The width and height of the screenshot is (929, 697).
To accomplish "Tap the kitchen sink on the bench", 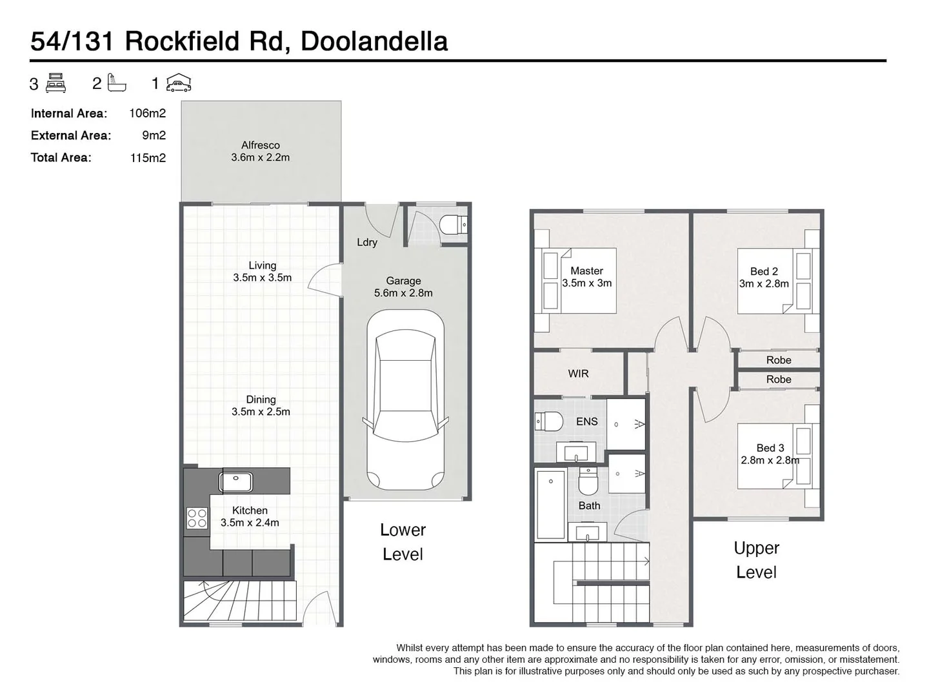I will pos(235,481).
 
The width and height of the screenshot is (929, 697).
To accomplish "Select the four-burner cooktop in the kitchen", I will pos(197,518).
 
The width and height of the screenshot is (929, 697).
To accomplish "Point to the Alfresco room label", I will pos(261,146).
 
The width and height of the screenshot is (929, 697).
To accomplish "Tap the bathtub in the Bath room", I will pos(550,503).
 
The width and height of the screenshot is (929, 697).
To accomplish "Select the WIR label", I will pos(578,374).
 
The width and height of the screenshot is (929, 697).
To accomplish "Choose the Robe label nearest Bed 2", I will pos(778,360).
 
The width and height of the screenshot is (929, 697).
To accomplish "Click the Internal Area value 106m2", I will pos(147,114).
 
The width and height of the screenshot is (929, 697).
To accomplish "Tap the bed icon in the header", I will pos(56,83).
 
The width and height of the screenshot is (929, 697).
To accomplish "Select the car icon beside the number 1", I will pos(179,83).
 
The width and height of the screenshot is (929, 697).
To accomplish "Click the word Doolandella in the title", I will pos(374,41).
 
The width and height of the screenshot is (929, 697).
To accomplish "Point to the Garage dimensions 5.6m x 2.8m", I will pos(403,293).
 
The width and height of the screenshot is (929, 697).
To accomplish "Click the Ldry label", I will pos(367,243).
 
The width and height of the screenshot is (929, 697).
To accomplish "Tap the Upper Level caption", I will pos(756,560).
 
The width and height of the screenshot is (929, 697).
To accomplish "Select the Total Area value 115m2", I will pos(148,157).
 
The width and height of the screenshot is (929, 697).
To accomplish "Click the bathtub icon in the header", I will pos(117,83).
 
